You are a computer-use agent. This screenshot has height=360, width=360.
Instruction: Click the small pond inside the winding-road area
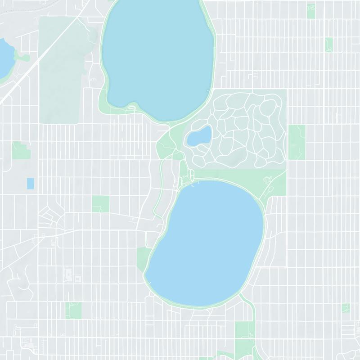click(199, 136)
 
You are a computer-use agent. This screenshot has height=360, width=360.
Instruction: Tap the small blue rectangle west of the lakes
click(30, 184)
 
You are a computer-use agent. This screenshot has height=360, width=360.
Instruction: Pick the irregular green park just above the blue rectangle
click(20, 151)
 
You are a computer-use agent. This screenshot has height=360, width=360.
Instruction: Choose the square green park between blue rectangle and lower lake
click(101, 204)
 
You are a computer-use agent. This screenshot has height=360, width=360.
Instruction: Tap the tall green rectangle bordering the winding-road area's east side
click(297, 142)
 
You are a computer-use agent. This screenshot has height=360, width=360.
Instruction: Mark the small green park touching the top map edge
click(311, 11)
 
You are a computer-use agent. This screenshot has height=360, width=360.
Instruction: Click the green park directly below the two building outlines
click(73, 310)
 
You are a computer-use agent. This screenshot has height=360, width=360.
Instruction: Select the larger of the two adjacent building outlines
click(68, 273)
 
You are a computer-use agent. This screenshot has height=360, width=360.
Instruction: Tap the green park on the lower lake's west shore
click(144, 259)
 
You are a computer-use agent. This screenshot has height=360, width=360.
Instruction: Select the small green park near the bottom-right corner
click(345, 308)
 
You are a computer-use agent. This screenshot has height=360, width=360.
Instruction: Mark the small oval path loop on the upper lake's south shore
click(132, 107)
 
